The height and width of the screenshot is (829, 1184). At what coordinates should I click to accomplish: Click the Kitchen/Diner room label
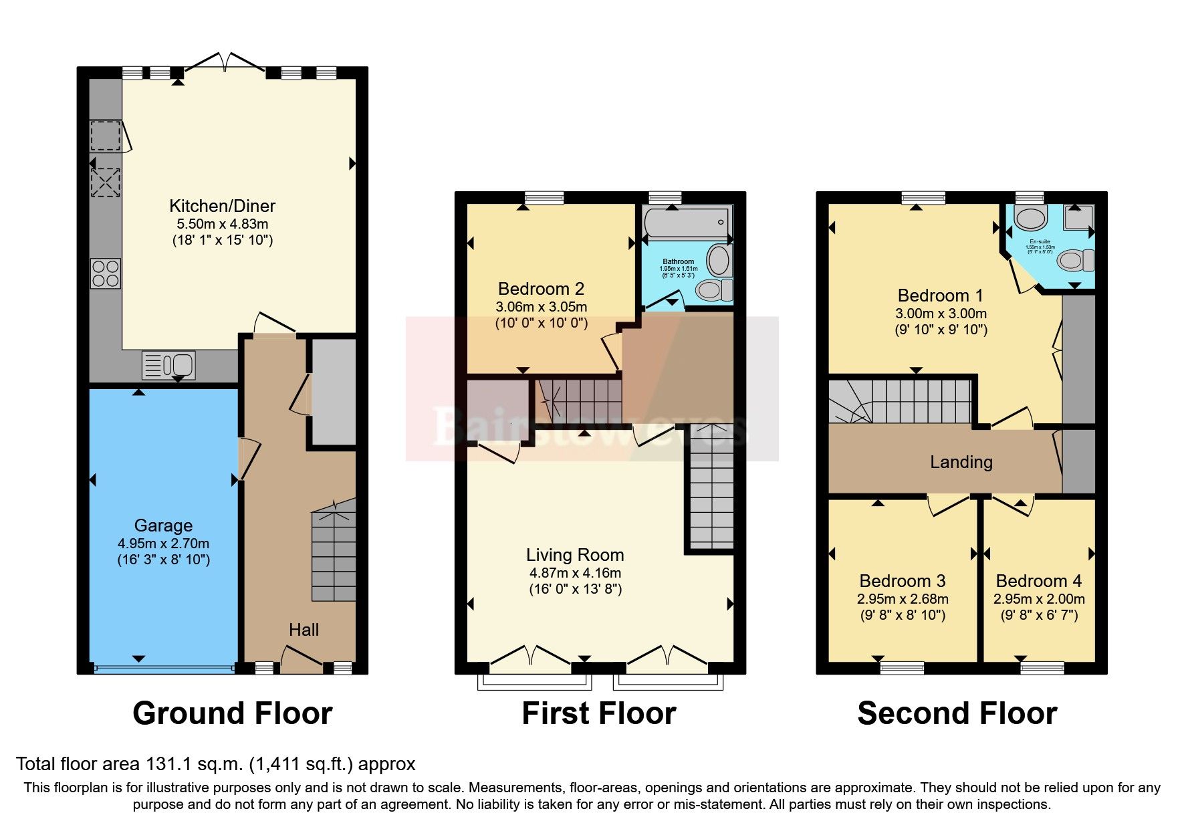click(x=222, y=206)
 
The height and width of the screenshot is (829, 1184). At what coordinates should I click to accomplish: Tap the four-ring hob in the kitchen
click(x=106, y=273)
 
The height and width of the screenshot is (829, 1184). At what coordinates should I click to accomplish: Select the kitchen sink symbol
click(x=169, y=365)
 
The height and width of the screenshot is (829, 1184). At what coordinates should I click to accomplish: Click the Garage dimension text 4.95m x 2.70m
click(x=163, y=544)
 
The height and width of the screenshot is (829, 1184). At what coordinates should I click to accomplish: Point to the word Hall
click(x=304, y=630)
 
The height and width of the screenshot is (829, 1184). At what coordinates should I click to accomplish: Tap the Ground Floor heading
click(x=232, y=713)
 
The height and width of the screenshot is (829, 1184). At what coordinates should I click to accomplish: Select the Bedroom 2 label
click(x=541, y=289)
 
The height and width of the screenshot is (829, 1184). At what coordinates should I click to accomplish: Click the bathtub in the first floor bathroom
click(x=686, y=223)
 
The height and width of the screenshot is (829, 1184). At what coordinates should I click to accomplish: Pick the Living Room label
click(x=575, y=555)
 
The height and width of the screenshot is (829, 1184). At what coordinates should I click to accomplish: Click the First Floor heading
click(x=598, y=713)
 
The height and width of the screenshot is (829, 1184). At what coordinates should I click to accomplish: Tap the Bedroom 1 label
click(x=940, y=295)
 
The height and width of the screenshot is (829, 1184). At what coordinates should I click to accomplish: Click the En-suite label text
click(x=1040, y=241)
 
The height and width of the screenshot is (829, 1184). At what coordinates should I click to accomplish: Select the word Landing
click(x=961, y=462)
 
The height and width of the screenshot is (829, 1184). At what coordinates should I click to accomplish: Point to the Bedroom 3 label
click(x=902, y=581)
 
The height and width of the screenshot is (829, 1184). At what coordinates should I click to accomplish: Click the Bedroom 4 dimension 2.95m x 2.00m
click(x=1038, y=599)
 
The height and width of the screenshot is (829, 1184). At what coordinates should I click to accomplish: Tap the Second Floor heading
click(x=957, y=713)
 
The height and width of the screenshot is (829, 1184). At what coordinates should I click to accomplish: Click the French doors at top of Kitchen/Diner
click(x=225, y=62)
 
